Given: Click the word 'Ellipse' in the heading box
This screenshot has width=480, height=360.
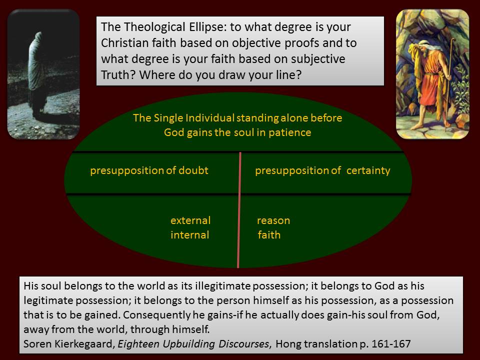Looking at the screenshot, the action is (x=206, y=27).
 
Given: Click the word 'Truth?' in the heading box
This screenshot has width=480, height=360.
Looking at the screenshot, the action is (x=118, y=74).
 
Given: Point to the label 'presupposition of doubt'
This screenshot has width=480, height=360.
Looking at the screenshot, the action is (x=149, y=170).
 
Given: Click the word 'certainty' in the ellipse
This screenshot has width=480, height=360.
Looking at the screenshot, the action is (x=368, y=170).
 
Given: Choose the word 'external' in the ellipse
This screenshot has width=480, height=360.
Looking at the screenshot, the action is (x=190, y=220).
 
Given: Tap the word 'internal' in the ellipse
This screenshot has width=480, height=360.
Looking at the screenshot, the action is (x=190, y=235).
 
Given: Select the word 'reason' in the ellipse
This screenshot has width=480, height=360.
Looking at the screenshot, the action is (x=273, y=220).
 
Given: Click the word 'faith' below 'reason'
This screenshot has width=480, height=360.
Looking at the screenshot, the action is (x=269, y=235).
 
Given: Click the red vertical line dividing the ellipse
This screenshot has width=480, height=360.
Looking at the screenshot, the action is (x=239, y=210).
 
